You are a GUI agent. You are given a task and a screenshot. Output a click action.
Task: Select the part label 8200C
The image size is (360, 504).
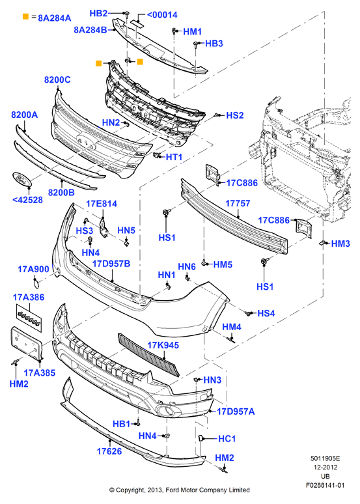(57, 79)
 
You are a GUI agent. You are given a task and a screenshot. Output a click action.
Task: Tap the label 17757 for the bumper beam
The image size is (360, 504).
(238, 203)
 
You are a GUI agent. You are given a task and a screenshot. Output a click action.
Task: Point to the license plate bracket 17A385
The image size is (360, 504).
(27, 343)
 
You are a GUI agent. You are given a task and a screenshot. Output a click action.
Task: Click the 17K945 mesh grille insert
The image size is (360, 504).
(148, 354)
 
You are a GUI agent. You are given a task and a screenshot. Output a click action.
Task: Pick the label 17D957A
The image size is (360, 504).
(236, 412)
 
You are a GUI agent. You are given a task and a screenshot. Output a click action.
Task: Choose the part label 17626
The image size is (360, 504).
(109, 451)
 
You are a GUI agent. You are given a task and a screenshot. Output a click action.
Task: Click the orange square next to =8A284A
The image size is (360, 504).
(26, 16)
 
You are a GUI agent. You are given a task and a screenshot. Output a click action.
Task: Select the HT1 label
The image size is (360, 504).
(174, 157)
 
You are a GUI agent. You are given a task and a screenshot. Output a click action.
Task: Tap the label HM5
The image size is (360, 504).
(223, 264)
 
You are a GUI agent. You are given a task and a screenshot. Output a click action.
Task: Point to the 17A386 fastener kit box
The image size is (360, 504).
(29, 318)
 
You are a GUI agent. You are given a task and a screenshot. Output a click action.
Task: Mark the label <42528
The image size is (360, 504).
(27, 200)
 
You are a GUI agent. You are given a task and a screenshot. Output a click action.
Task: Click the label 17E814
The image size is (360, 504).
(102, 204)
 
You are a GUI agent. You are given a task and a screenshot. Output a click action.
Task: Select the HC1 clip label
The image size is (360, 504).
(227, 439)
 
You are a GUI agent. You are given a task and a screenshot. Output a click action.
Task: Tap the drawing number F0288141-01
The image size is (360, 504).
(325, 485)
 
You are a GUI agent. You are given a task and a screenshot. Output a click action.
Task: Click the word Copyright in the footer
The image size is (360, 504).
(130, 490)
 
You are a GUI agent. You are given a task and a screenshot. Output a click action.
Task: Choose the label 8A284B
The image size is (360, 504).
(90, 30)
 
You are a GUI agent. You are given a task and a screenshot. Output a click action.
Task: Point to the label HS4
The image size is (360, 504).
(266, 313)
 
